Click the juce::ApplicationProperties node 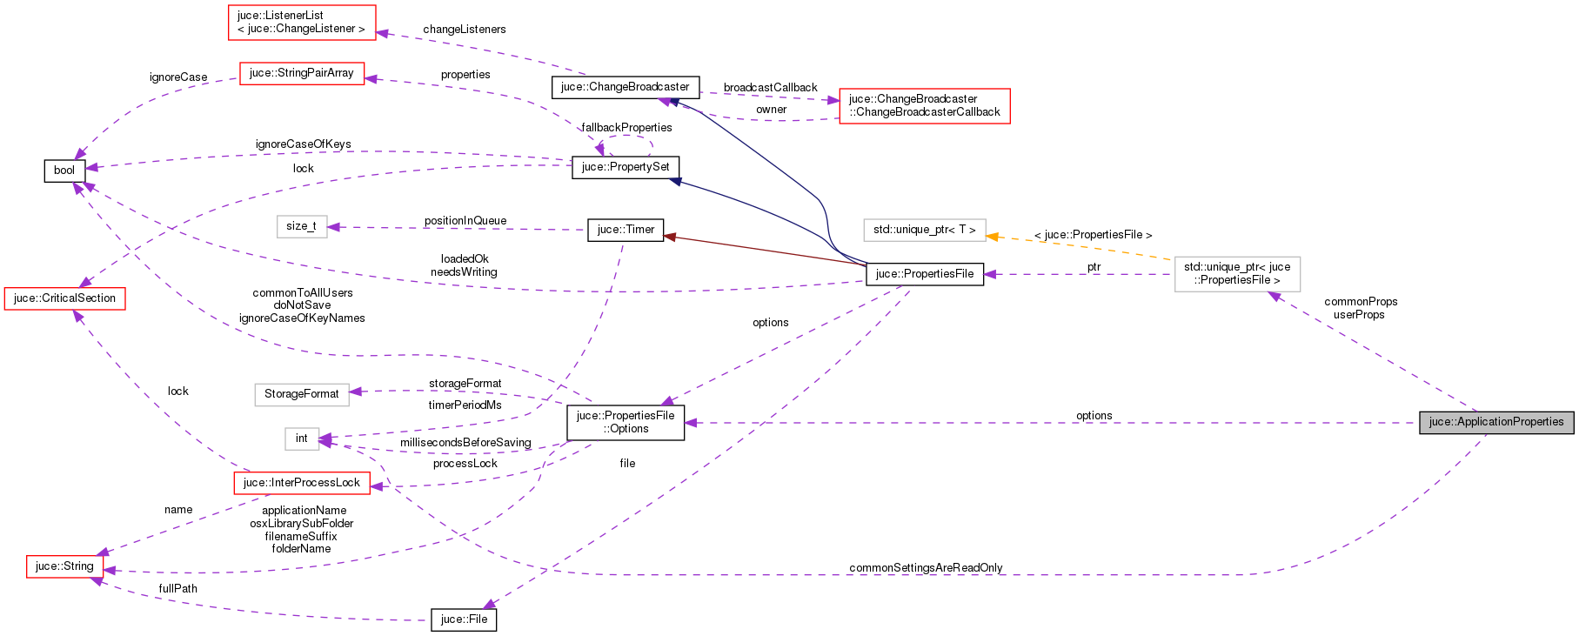(1496, 422)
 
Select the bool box (64, 171)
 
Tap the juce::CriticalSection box (65, 298)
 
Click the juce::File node (464, 619)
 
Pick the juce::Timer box (626, 230)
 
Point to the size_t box (301, 226)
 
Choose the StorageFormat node (301, 394)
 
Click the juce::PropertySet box (626, 167)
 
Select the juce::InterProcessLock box (301, 483)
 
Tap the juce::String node (64, 566)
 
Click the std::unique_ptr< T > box (924, 230)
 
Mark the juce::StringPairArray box (301, 73)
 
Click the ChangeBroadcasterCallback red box (924, 105)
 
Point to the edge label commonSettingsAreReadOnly (926, 568)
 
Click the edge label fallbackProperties (626, 128)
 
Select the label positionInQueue (465, 221)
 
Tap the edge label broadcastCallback (770, 88)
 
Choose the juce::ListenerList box (301, 22)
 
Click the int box (301, 439)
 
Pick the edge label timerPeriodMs (465, 405)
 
